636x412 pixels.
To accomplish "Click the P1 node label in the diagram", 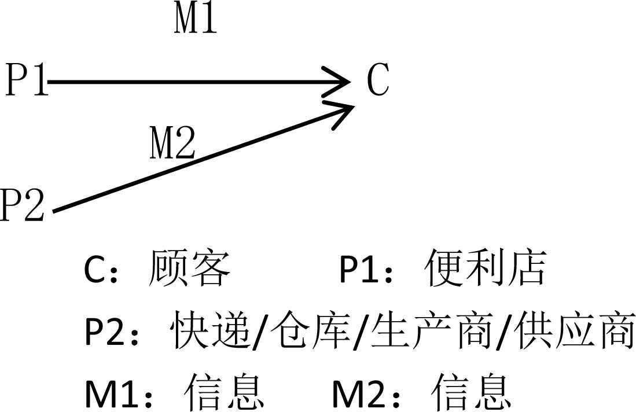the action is coord(26,81).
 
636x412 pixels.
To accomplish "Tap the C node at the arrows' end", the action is coord(378,81).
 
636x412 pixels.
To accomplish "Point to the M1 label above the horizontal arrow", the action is coord(196,20).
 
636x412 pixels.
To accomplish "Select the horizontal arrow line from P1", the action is coord(191,82).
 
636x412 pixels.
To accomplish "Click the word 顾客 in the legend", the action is coord(190,269).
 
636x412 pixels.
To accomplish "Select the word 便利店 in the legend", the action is coord(486,269).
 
